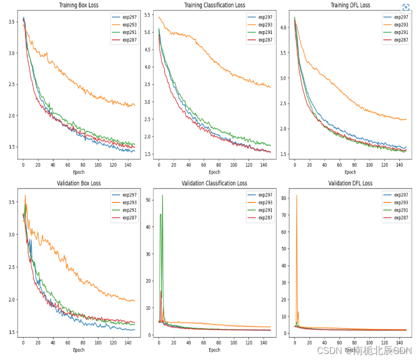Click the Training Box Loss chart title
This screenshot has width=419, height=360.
click(x=79, y=5)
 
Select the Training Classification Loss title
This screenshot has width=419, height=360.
click(x=214, y=5)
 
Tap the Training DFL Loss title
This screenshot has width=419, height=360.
click(x=350, y=5)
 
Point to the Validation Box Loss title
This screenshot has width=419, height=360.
click(x=79, y=183)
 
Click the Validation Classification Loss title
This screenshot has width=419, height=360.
click(x=214, y=183)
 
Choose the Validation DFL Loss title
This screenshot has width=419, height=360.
click(x=350, y=183)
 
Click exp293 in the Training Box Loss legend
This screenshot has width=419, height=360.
click(x=129, y=24)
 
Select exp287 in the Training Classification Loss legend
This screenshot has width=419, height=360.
click(x=265, y=39)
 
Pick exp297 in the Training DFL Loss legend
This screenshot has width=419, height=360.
click(x=400, y=17)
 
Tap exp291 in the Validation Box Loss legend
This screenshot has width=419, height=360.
click(x=129, y=210)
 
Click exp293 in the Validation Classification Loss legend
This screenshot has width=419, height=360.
click(x=265, y=202)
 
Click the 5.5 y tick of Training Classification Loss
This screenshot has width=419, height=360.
click(x=147, y=15)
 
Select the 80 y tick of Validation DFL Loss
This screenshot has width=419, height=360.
click(x=284, y=198)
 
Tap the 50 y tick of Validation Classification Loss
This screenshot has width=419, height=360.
click(x=147, y=200)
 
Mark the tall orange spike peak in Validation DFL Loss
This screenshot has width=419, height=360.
click(x=296, y=195)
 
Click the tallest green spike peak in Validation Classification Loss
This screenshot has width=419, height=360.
click(x=162, y=195)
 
